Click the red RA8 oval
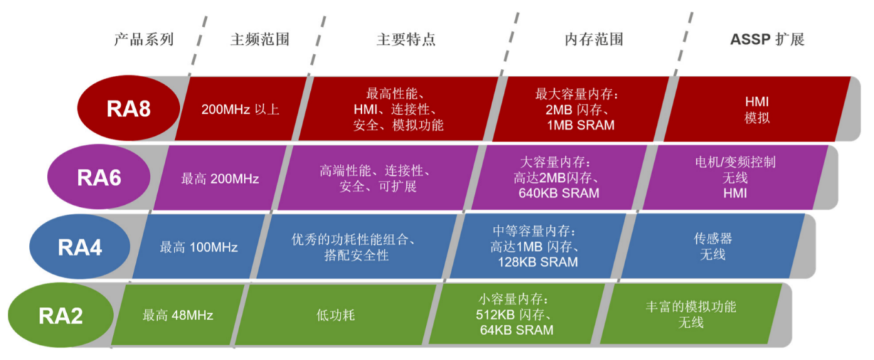coord(128,108)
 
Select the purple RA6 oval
coord(99,177)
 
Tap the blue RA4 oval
coord(79,246)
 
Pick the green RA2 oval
coord(61,315)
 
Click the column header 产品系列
coord(144,39)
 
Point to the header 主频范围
coord(260,39)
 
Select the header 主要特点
coord(406,39)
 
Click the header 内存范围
coord(594,39)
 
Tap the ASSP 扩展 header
coord(767,39)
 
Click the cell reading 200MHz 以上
coord(241,110)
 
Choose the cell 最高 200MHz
coord(220,179)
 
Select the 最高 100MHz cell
coord(199,247)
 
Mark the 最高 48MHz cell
coord(178,315)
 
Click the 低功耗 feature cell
coord(336,315)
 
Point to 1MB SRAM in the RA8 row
coord(580,126)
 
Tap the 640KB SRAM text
coord(559,193)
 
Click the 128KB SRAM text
coord(538,262)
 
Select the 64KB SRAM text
coord(516,330)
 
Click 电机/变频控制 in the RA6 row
coord(735,162)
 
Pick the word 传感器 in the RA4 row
coord(713,239)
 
